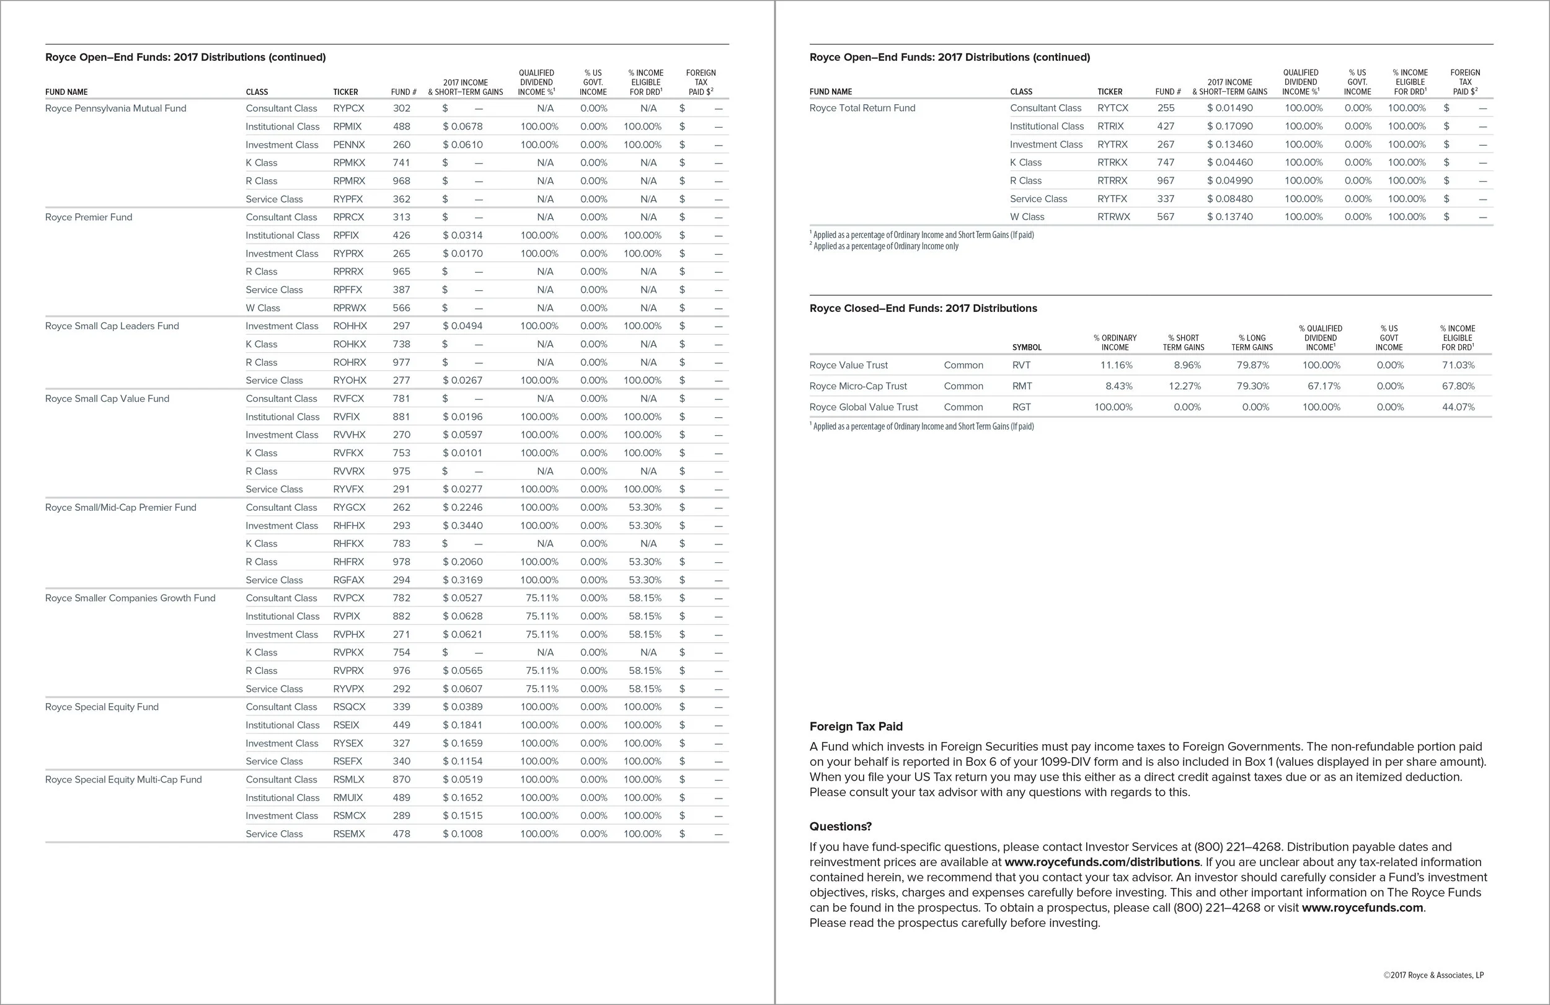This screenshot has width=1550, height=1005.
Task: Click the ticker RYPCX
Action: [x=348, y=108]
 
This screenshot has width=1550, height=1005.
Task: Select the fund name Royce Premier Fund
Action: [x=89, y=217]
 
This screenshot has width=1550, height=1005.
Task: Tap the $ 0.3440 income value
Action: [x=463, y=526]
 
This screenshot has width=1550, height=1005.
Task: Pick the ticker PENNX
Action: [x=348, y=144]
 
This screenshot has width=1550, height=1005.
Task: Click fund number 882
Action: [x=401, y=616]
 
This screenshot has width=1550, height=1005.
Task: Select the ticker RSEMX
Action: [x=348, y=834]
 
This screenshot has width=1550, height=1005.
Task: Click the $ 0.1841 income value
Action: [x=463, y=725]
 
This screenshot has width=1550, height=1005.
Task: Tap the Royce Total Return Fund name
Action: [x=862, y=108]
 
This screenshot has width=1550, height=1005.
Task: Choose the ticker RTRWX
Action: [x=1113, y=217]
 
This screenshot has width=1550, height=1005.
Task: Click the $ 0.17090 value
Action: [x=1229, y=126]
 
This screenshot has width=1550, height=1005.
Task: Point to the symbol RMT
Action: [x=1021, y=386]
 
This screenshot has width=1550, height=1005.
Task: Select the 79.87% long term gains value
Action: [x=1252, y=365]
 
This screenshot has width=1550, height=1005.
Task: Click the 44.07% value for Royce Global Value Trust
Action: [x=1458, y=407]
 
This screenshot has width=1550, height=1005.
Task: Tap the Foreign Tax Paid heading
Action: [x=856, y=726]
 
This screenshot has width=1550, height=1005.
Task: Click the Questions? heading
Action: [x=840, y=826]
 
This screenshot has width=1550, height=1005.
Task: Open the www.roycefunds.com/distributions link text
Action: [x=1102, y=862]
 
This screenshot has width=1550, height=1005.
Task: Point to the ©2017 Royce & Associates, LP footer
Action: [x=1433, y=975]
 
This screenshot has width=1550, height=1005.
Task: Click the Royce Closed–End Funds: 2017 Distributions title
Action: [x=923, y=308]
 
